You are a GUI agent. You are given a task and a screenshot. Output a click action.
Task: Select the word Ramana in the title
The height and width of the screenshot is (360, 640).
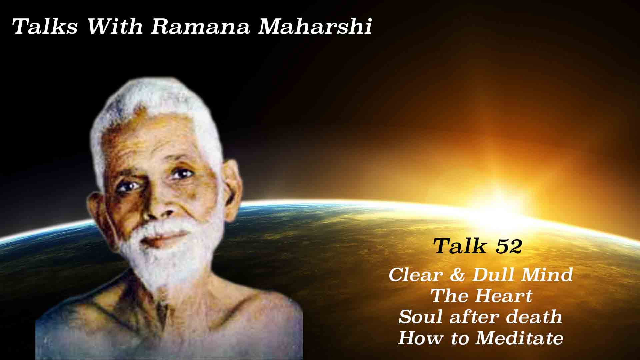tap(200, 27)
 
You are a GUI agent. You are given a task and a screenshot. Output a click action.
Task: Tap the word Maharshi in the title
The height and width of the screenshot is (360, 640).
tap(315, 27)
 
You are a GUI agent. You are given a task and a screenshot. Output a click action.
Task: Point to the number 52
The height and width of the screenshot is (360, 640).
tap(509, 247)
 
